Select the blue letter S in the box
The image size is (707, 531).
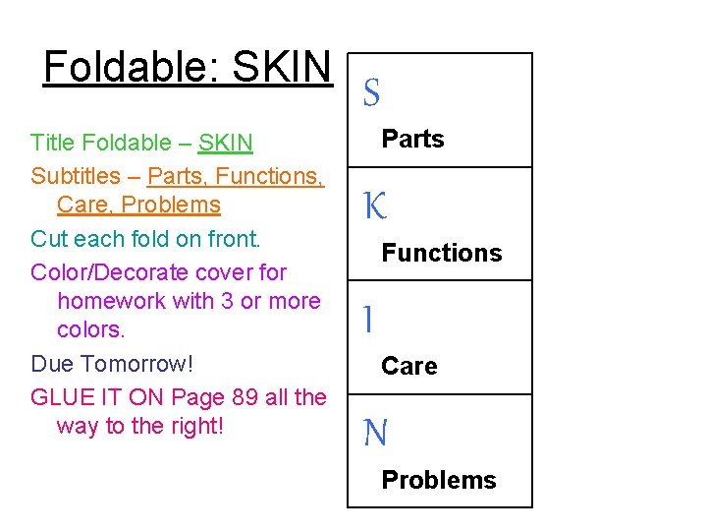pyautogui.click(x=371, y=93)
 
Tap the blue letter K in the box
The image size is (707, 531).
pyautogui.click(x=375, y=206)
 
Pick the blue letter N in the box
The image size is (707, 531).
pyautogui.click(x=375, y=433)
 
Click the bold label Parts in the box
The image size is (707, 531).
pyautogui.click(x=412, y=139)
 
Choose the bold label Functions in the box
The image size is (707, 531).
pyautogui.click(x=441, y=253)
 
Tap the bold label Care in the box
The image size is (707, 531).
pyautogui.click(x=408, y=366)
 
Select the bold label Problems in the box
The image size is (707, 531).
pyautogui.click(x=438, y=480)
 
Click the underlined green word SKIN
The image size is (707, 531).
pyautogui.click(x=225, y=144)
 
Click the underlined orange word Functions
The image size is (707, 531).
pyautogui.click(x=266, y=176)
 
